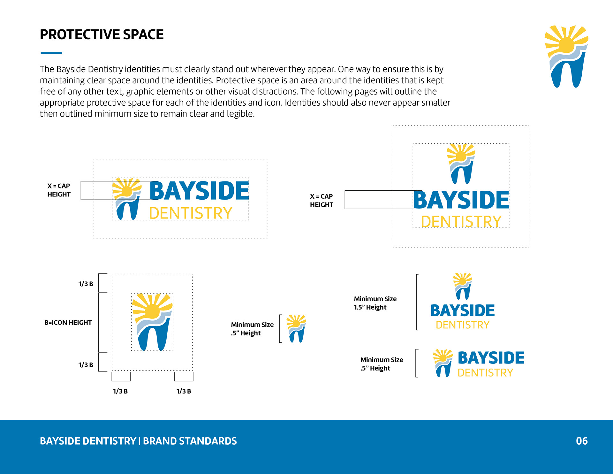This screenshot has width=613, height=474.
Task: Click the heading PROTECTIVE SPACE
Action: pos(102,34)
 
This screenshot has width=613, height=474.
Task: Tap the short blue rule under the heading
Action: pos(51,53)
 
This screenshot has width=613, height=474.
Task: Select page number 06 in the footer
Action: pos(582,441)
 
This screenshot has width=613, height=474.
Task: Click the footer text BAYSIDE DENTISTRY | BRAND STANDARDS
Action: pos(138,441)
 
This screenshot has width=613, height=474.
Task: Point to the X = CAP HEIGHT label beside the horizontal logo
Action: pos(59,190)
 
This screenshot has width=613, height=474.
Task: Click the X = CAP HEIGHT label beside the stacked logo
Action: pos(322,201)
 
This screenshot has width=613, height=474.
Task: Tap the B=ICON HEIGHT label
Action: pos(68,323)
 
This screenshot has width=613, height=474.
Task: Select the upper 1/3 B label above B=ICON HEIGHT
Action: pos(86,284)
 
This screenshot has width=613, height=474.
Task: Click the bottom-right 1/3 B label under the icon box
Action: pos(184,391)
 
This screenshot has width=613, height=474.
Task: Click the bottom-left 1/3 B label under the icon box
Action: pos(120,391)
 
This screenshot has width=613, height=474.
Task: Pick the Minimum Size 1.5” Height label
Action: pos(375,303)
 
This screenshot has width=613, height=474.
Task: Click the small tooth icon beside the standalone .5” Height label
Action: pos(296,329)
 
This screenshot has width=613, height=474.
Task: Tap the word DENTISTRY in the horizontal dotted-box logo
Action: pos(191,213)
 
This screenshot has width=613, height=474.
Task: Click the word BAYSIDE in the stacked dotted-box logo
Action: pos(461,200)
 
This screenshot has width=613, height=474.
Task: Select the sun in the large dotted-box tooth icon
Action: pos(152,310)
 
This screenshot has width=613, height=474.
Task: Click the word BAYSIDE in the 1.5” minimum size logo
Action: pos(463,310)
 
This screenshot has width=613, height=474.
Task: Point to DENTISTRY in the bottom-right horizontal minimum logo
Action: pos(485,373)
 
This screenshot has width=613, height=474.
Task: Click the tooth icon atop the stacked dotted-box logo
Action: pos(461,164)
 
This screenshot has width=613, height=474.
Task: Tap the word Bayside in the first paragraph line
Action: pos(71,69)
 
